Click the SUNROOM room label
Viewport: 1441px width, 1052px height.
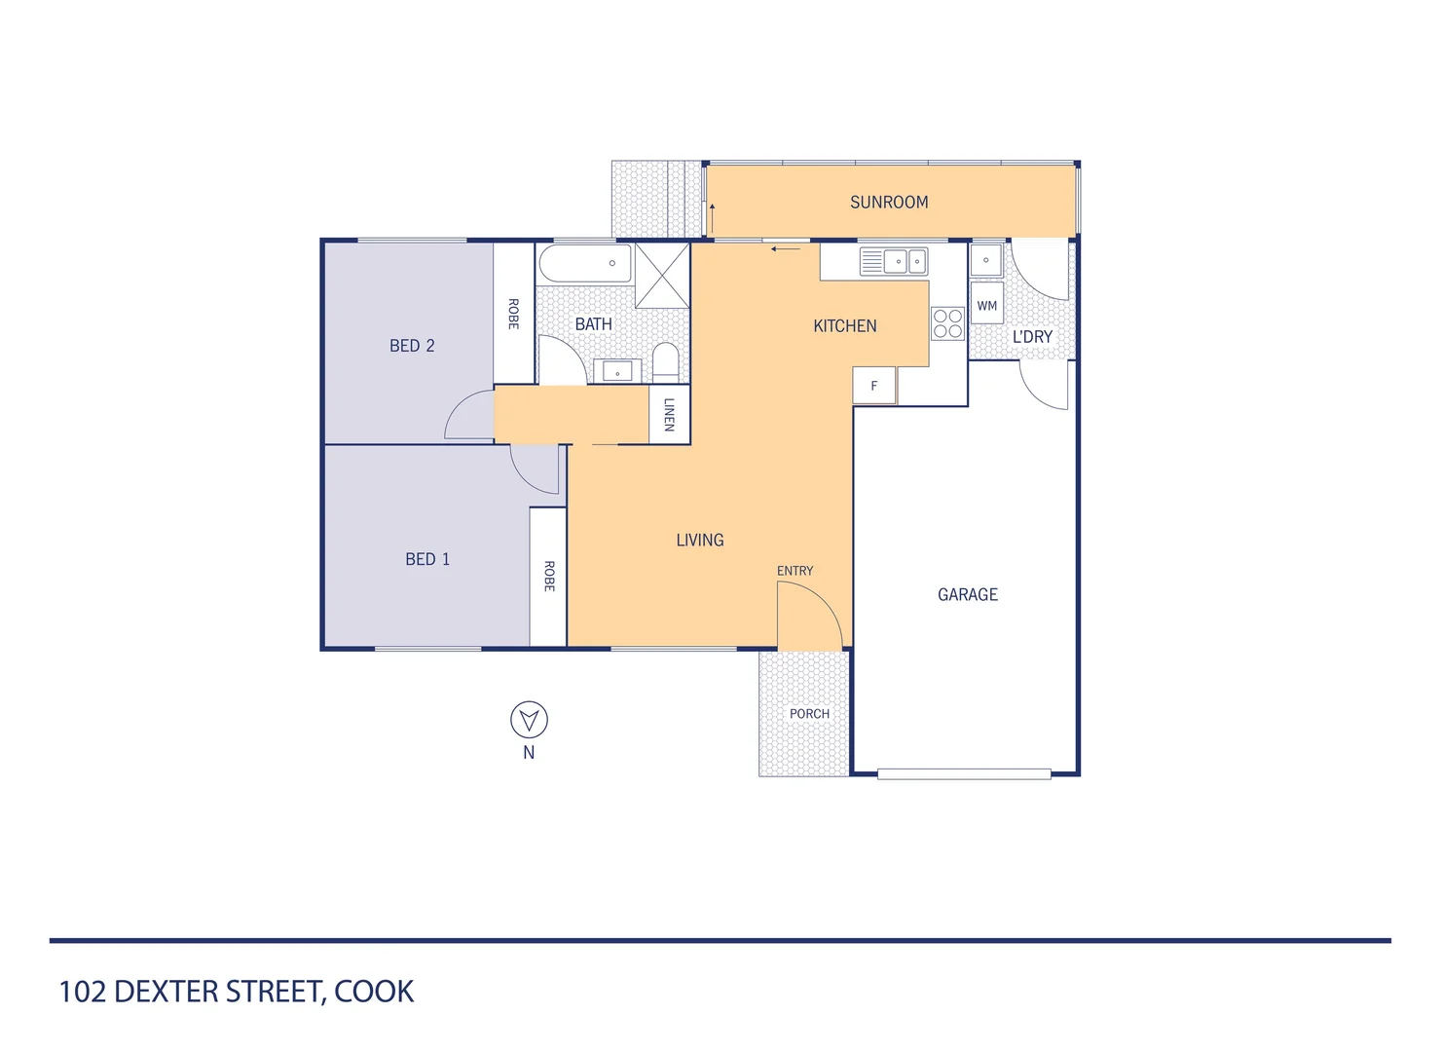coord(889,203)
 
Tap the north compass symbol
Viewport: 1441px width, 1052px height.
coord(529,721)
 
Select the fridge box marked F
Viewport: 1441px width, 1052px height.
coord(873,386)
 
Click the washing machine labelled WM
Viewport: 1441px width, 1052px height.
coord(986,305)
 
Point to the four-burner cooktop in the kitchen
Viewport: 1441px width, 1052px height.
coord(947,323)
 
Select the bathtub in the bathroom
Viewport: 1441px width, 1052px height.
coord(585,264)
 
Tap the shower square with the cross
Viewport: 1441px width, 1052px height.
coord(662,276)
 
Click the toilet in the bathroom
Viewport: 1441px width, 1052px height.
coord(666,361)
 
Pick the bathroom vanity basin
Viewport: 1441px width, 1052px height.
coord(617,371)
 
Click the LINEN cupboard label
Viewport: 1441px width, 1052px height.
coord(669,415)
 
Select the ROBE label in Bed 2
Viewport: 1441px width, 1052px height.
coord(513,314)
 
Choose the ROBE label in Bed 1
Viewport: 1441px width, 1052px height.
coord(548,576)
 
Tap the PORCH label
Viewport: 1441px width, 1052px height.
coord(809,714)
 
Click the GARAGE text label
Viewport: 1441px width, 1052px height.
coord(967,594)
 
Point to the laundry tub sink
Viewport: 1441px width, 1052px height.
coord(986,260)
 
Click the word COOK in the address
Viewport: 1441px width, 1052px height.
coord(374,992)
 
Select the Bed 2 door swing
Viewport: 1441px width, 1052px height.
coord(470,416)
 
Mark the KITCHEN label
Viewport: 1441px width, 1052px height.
coord(844,326)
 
